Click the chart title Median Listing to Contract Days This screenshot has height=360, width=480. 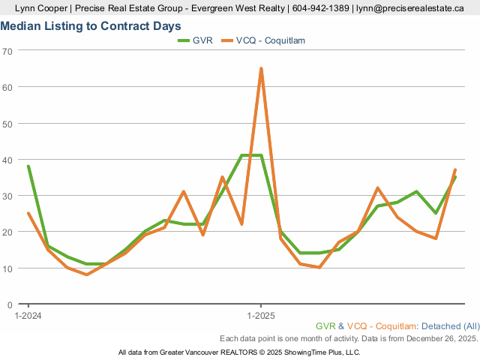tap(91, 25)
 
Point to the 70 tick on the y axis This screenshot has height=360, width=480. tap(8, 51)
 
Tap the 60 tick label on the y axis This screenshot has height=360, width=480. tap(8, 87)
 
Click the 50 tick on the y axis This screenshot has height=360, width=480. tap(8, 123)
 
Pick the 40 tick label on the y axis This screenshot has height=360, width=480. tap(8, 160)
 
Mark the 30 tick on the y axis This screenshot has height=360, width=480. tap(8, 196)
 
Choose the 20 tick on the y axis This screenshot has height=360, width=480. tap(8, 232)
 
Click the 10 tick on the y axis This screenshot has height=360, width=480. tap(8, 268)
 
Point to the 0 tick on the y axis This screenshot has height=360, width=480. tap(10, 304)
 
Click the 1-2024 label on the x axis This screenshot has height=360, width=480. tap(28, 316)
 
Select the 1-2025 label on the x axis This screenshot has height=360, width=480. tap(260, 316)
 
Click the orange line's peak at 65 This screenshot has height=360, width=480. tap(261, 69)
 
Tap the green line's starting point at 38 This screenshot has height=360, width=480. tap(28, 166)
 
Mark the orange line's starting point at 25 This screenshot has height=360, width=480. tap(28, 214)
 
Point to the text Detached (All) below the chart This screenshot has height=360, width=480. tap(450, 326)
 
